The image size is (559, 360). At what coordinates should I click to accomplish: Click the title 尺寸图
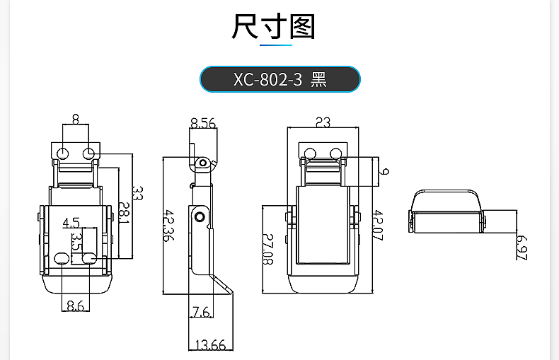click(273, 27)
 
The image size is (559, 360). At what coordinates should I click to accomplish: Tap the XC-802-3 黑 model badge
click(280, 79)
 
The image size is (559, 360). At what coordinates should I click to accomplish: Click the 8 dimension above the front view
click(76, 120)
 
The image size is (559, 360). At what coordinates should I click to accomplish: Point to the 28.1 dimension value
click(124, 214)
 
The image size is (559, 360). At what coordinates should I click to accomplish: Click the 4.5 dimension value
click(71, 223)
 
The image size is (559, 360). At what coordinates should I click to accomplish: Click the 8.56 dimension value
click(202, 123)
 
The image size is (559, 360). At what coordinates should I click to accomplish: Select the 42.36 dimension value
click(168, 225)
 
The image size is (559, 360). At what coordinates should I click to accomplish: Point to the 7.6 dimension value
click(200, 310)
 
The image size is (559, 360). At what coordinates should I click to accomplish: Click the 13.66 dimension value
click(209, 344)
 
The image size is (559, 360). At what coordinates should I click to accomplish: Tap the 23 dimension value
click(323, 122)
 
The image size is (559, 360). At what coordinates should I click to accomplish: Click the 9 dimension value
click(384, 171)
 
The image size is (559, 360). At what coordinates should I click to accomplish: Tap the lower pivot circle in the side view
click(201, 216)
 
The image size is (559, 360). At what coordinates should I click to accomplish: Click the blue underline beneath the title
click(276, 46)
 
